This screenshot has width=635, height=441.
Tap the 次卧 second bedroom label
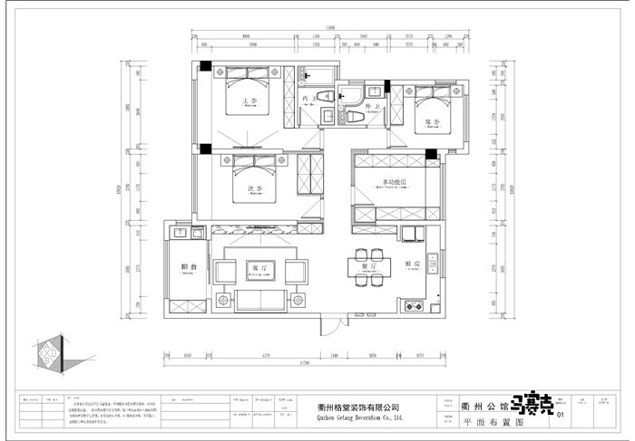[256, 189]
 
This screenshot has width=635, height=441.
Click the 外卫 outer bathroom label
[369, 107]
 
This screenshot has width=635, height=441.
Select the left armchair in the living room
[222, 269]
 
